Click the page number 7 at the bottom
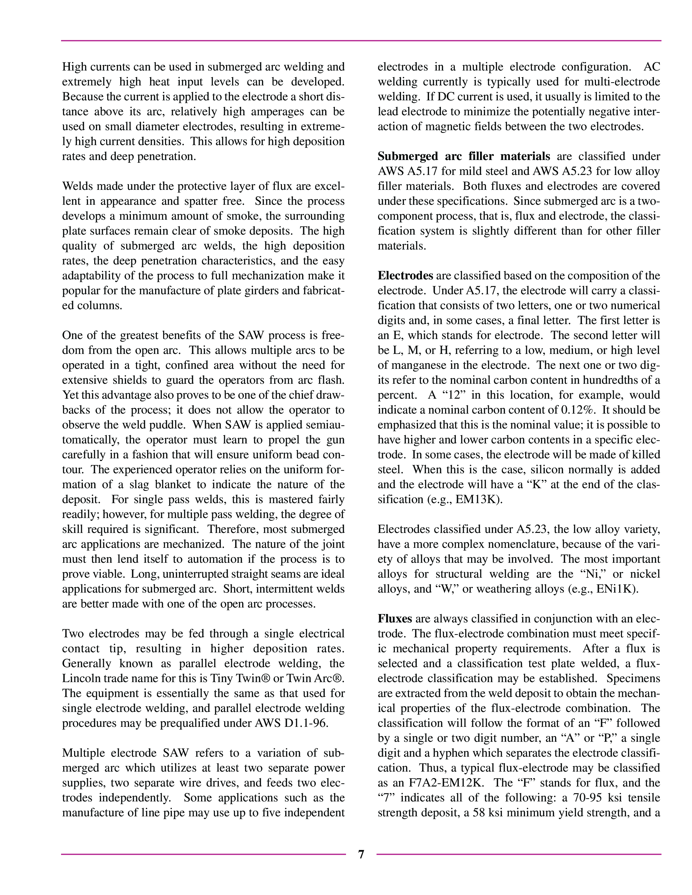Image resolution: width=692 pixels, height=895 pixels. click(361, 854)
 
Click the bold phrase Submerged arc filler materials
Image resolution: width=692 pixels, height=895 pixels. click(464, 156)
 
